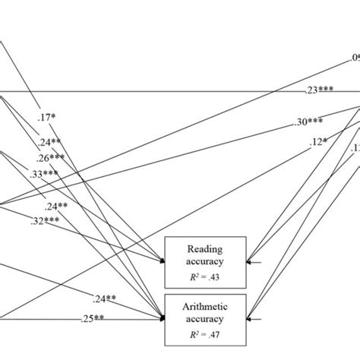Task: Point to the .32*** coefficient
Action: pos(45,221)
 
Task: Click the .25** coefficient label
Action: pos(92,319)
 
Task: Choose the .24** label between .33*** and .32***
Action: pos(56,206)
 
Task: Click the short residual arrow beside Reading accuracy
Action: pos(254,262)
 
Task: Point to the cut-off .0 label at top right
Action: pos(354,58)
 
